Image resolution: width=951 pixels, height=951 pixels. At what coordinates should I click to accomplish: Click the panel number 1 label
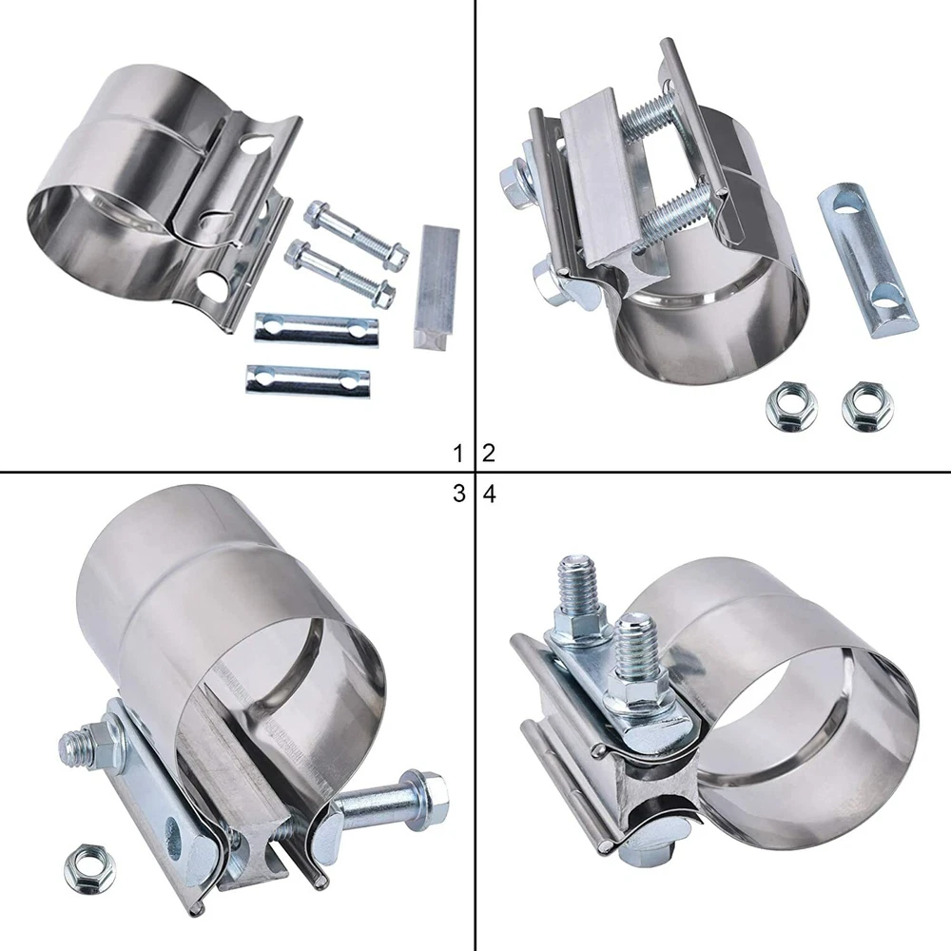pos(459,453)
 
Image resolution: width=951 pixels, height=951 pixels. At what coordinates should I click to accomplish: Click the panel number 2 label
pos(489,453)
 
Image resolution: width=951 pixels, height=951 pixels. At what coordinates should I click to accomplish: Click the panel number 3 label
pos(459,494)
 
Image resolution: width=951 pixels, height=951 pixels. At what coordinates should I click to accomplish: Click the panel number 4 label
pos(490,494)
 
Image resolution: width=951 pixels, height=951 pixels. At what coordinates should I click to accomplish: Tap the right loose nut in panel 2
pos(868,405)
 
